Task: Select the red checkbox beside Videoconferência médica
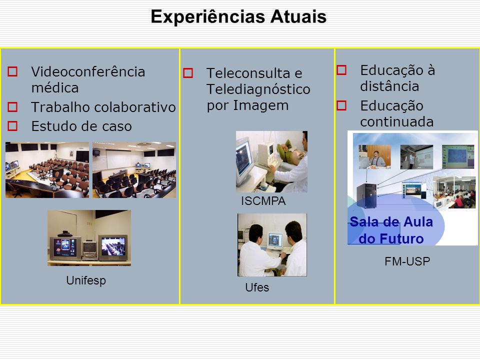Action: tap(12, 71)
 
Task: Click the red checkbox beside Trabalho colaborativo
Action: tap(12, 107)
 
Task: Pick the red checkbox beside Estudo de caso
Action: tap(12, 126)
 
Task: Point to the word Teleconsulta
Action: tap(248, 73)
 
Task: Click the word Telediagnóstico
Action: tap(258, 89)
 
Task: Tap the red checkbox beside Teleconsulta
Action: tap(188, 73)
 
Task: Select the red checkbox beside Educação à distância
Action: tap(341, 70)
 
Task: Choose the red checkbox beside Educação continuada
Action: tap(341, 105)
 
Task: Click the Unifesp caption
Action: tap(86, 280)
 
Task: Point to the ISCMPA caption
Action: tap(263, 201)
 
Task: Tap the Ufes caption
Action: tap(257, 287)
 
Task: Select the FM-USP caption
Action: tap(407, 261)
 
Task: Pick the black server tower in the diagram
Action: tap(366, 195)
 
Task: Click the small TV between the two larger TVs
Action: tap(89, 249)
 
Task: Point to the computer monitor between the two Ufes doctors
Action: tap(275, 241)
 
